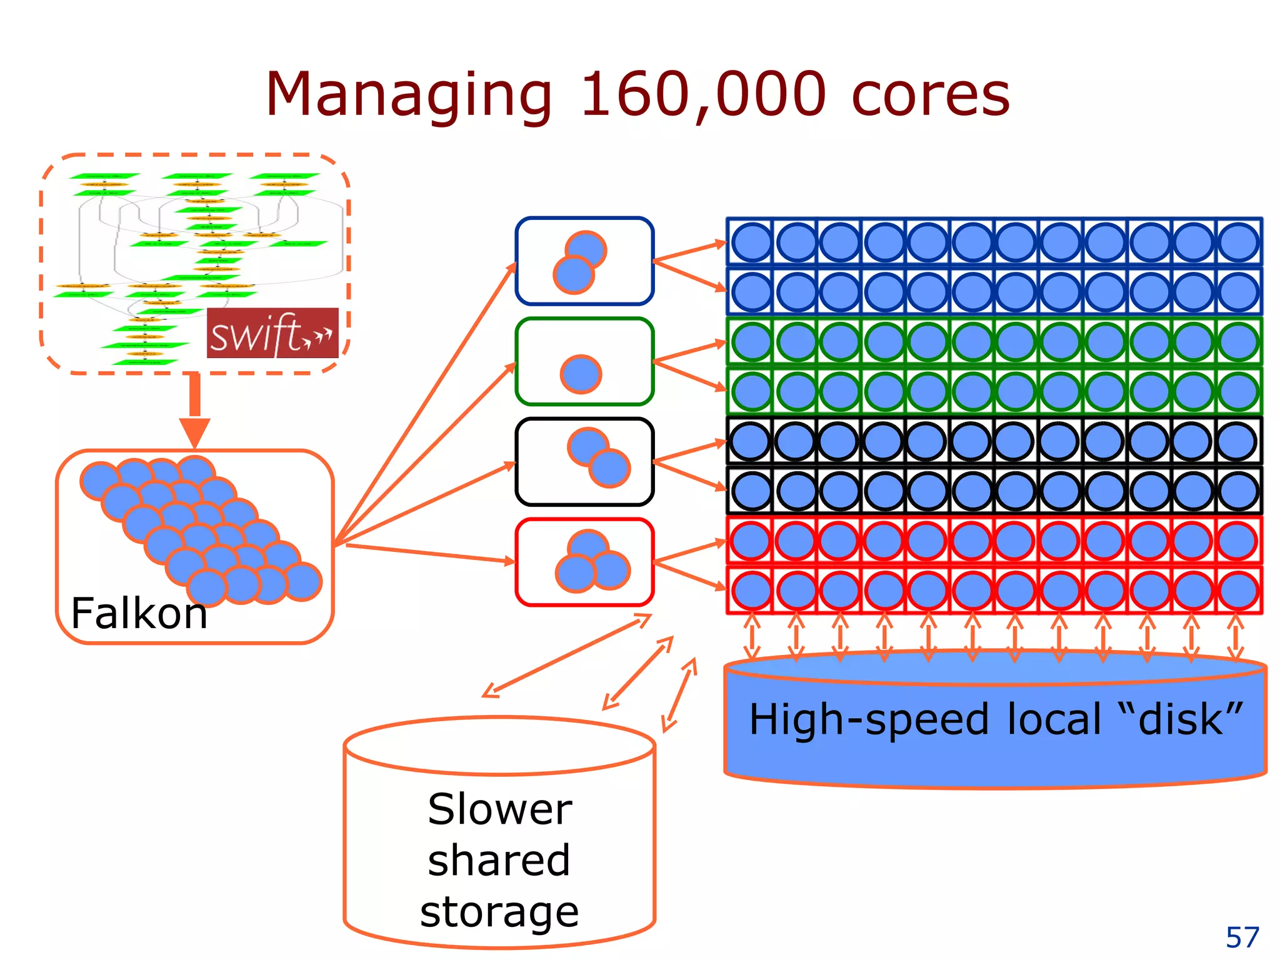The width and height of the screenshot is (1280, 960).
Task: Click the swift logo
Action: [x=272, y=333]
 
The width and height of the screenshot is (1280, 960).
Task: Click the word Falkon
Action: [x=139, y=613]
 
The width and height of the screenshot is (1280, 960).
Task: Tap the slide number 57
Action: [x=1242, y=937]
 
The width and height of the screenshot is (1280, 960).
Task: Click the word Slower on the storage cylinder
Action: [x=499, y=809]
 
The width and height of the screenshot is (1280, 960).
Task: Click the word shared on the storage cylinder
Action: [x=499, y=861]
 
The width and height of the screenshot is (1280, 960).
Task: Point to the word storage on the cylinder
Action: [x=499, y=912]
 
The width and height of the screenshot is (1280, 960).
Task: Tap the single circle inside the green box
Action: [x=581, y=374]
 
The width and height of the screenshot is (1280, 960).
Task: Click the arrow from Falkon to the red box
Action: [x=431, y=553]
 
